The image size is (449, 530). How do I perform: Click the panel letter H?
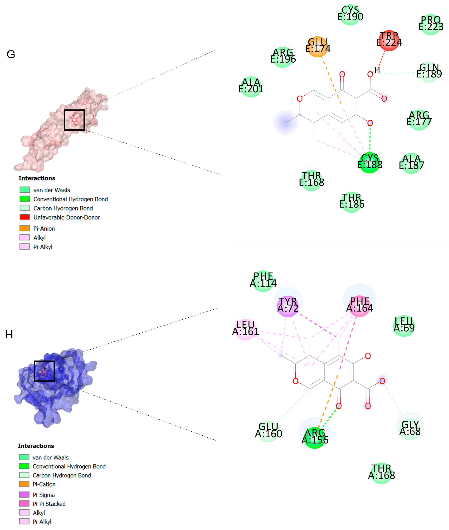(x=9, y=334)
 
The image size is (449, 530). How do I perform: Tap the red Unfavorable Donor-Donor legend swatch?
(x=25, y=217)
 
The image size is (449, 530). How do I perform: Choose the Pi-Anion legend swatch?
(x=25, y=228)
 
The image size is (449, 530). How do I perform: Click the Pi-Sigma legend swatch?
(x=24, y=494)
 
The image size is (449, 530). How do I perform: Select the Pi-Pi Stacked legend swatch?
(x=24, y=503)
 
